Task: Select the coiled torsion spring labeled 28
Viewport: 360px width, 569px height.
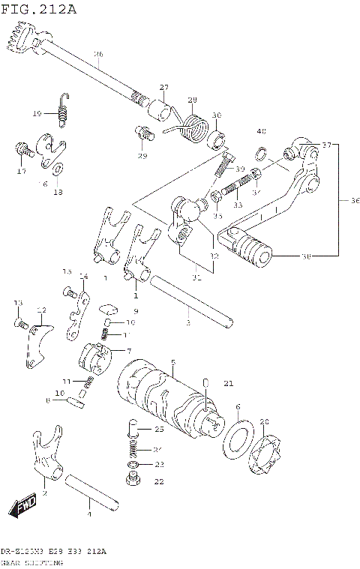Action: click(193, 124)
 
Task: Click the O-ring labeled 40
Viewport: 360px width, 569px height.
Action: click(260, 155)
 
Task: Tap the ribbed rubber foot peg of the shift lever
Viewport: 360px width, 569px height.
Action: click(248, 245)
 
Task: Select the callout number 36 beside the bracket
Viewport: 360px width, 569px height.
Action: click(355, 200)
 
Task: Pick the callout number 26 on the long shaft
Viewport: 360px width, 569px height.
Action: click(98, 55)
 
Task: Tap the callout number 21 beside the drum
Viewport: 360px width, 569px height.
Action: click(228, 384)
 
